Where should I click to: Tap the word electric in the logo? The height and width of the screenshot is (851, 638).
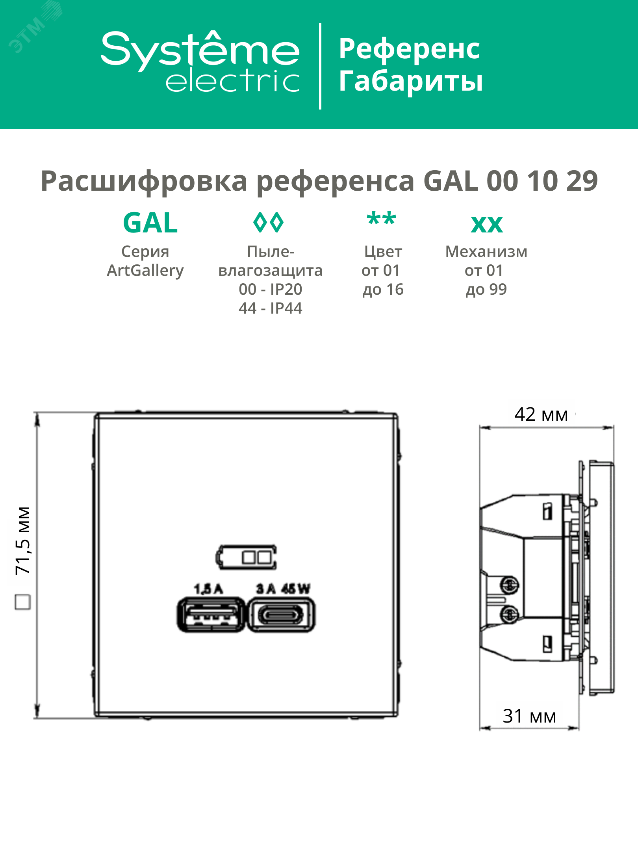(233, 80)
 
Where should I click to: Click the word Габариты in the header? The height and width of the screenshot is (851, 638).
(411, 81)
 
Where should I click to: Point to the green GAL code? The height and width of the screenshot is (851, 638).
(150, 223)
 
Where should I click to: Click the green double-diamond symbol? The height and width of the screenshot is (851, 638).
(268, 222)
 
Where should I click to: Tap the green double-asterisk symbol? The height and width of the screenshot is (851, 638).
(381, 219)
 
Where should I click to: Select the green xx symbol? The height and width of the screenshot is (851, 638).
(487, 225)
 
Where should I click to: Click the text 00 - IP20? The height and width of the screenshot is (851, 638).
(271, 289)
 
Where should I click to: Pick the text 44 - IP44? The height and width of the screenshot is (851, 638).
(271, 308)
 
